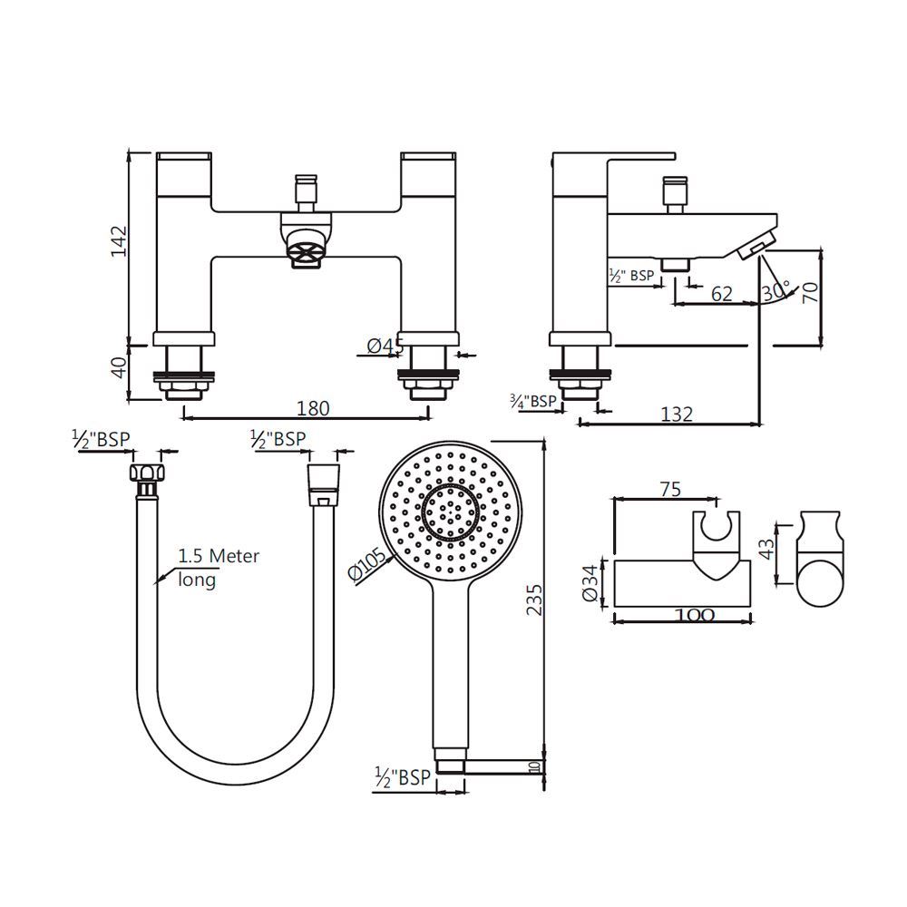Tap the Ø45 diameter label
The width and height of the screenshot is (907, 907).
385,345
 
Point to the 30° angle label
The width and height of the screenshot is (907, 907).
775,292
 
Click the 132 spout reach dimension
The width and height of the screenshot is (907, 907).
676,414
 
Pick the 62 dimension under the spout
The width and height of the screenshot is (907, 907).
721,293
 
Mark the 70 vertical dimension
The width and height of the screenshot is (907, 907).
810,292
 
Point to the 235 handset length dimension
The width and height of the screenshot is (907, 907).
534,600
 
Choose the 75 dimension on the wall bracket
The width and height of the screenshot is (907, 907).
669,489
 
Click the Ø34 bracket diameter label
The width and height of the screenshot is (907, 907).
590,582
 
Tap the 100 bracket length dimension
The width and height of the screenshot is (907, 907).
695,615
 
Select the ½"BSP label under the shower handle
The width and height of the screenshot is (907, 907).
402,777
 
